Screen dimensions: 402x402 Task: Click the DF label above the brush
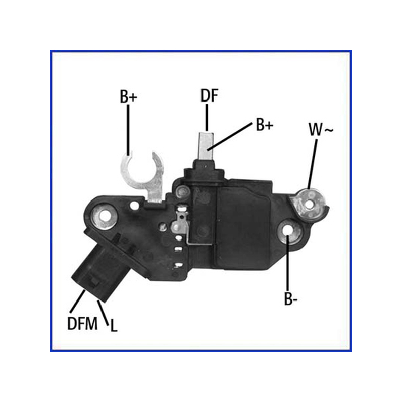(x=209, y=95)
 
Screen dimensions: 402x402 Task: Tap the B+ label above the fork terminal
(x=129, y=96)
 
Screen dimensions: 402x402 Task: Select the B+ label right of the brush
(x=265, y=125)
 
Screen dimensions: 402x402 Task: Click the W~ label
(x=321, y=130)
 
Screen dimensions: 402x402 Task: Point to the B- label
(x=291, y=298)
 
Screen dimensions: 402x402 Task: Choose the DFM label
(x=82, y=323)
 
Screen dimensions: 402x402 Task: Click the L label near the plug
(x=114, y=326)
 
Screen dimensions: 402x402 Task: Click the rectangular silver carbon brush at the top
(x=206, y=145)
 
